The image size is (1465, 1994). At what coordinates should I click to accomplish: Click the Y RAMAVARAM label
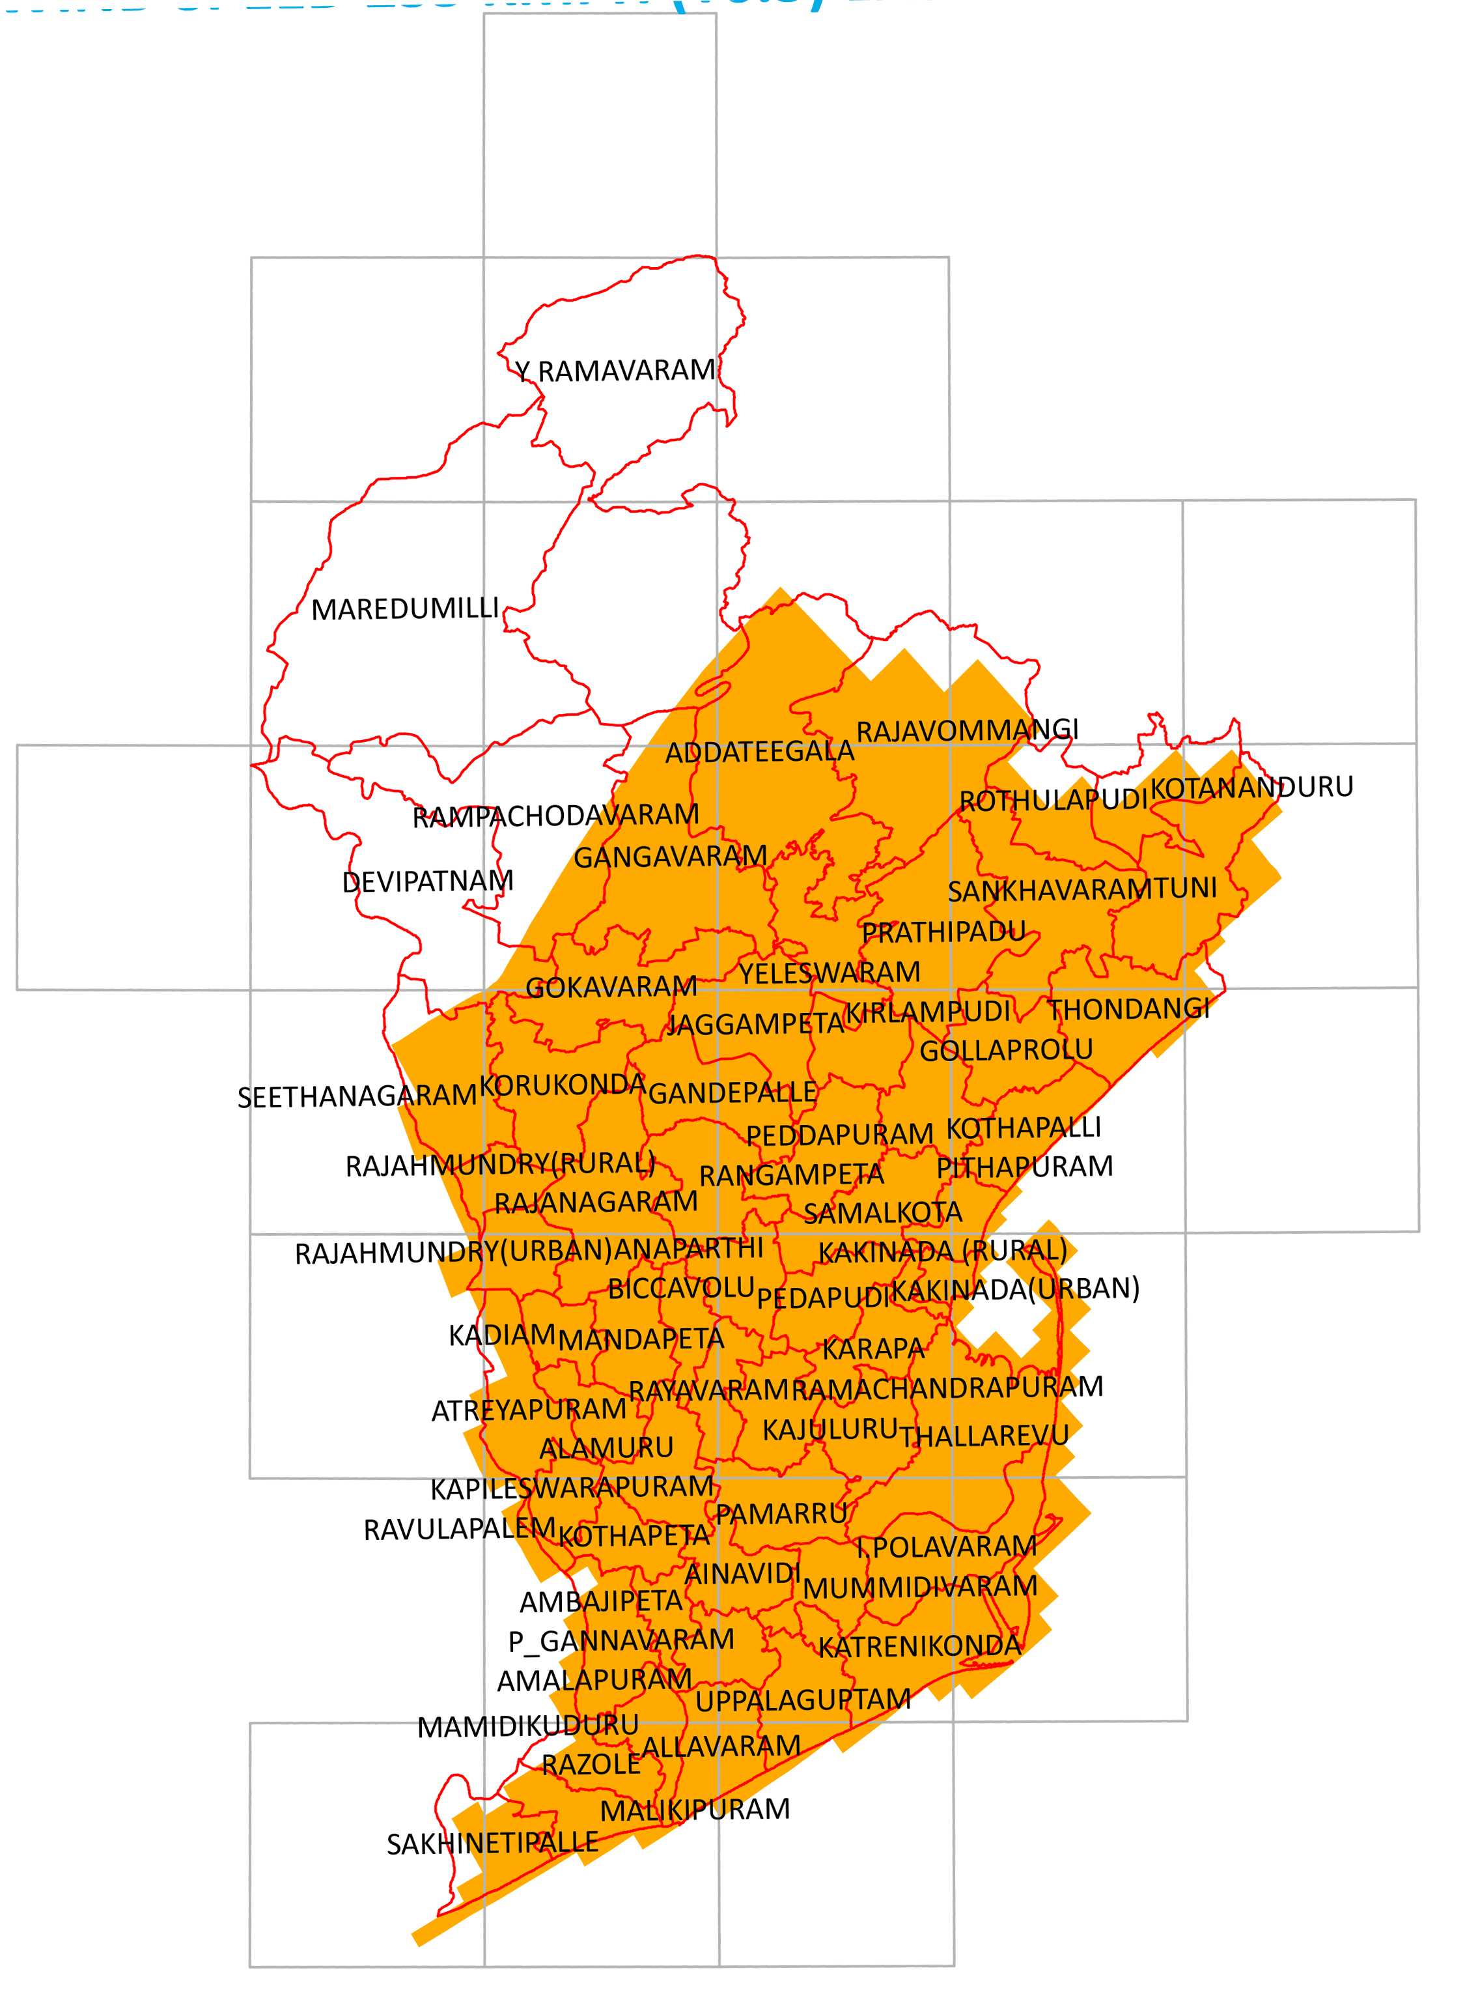pos(615,371)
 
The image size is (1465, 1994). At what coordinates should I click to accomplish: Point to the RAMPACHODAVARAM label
pos(556,816)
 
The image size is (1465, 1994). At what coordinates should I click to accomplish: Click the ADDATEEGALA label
pos(759,752)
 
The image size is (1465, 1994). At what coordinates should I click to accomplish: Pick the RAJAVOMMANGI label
pos(967,731)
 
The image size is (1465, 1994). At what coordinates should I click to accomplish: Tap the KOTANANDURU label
pos(1251,788)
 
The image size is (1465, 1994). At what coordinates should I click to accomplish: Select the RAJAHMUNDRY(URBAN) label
pos(453,1253)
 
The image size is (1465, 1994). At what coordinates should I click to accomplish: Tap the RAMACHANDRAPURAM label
pos(947,1388)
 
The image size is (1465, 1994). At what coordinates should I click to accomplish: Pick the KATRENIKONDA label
pos(919,1647)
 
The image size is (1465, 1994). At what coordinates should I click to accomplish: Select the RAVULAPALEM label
pos(460,1530)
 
